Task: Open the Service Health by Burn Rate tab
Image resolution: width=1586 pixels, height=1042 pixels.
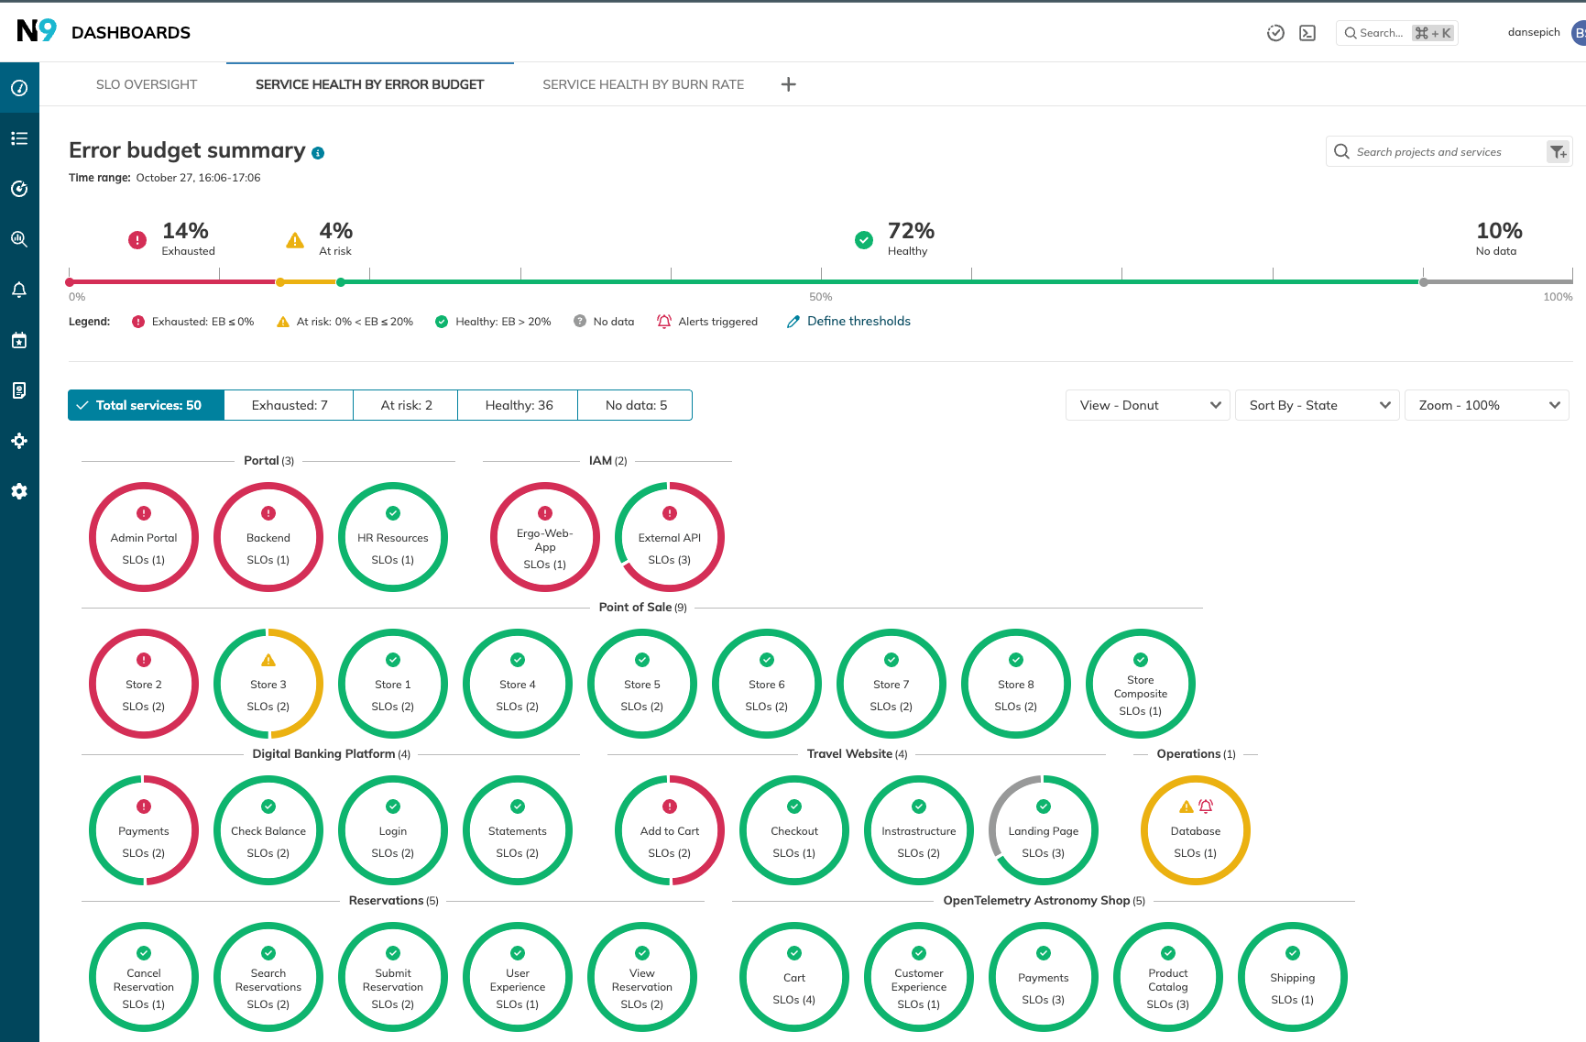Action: click(642, 84)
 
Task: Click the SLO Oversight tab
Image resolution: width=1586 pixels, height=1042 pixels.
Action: click(147, 84)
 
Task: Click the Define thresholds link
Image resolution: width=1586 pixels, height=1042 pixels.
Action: click(858, 322)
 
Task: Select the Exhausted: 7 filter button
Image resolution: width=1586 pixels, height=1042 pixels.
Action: click(290, 405)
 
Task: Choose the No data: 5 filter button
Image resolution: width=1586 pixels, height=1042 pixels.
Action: click(636, 405)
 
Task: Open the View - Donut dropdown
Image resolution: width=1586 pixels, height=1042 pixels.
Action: click(1150, 405)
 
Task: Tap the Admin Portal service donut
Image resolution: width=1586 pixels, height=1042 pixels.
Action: click(144, 538)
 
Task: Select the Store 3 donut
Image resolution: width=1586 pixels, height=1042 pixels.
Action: click(268, 685)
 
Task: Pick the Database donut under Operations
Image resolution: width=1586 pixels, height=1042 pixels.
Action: click(1196, 831)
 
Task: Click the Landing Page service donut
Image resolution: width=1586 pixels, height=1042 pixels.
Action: click(1044, 831)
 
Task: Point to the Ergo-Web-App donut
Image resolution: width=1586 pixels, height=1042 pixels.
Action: click(545, 540)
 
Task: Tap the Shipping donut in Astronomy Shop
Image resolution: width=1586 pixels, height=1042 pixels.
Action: click(1293, 978)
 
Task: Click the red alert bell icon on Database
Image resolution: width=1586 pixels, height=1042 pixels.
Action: click(1206, 806)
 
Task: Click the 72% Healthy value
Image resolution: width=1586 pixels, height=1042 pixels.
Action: click(911, 231)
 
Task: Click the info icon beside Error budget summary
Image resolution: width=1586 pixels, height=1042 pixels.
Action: click(318, 153)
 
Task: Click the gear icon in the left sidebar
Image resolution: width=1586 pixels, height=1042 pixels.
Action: click(19, 491)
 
